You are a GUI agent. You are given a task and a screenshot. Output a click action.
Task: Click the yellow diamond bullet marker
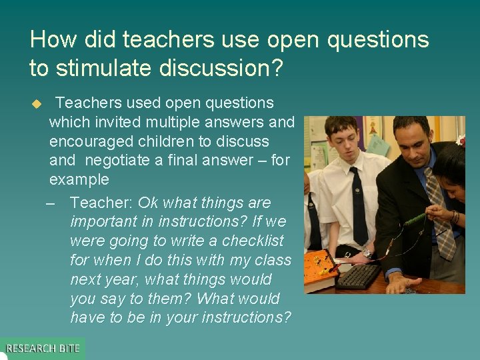tap(37, 104)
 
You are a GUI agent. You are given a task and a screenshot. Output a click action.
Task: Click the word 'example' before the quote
tap(79, 179)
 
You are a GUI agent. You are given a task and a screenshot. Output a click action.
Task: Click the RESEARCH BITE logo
tap(43, 348)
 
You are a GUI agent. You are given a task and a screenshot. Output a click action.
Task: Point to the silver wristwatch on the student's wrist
tap(367, 253)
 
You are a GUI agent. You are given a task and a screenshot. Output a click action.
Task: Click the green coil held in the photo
tap(413, 218)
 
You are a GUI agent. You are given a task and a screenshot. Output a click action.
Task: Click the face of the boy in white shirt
tap(343, 142)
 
